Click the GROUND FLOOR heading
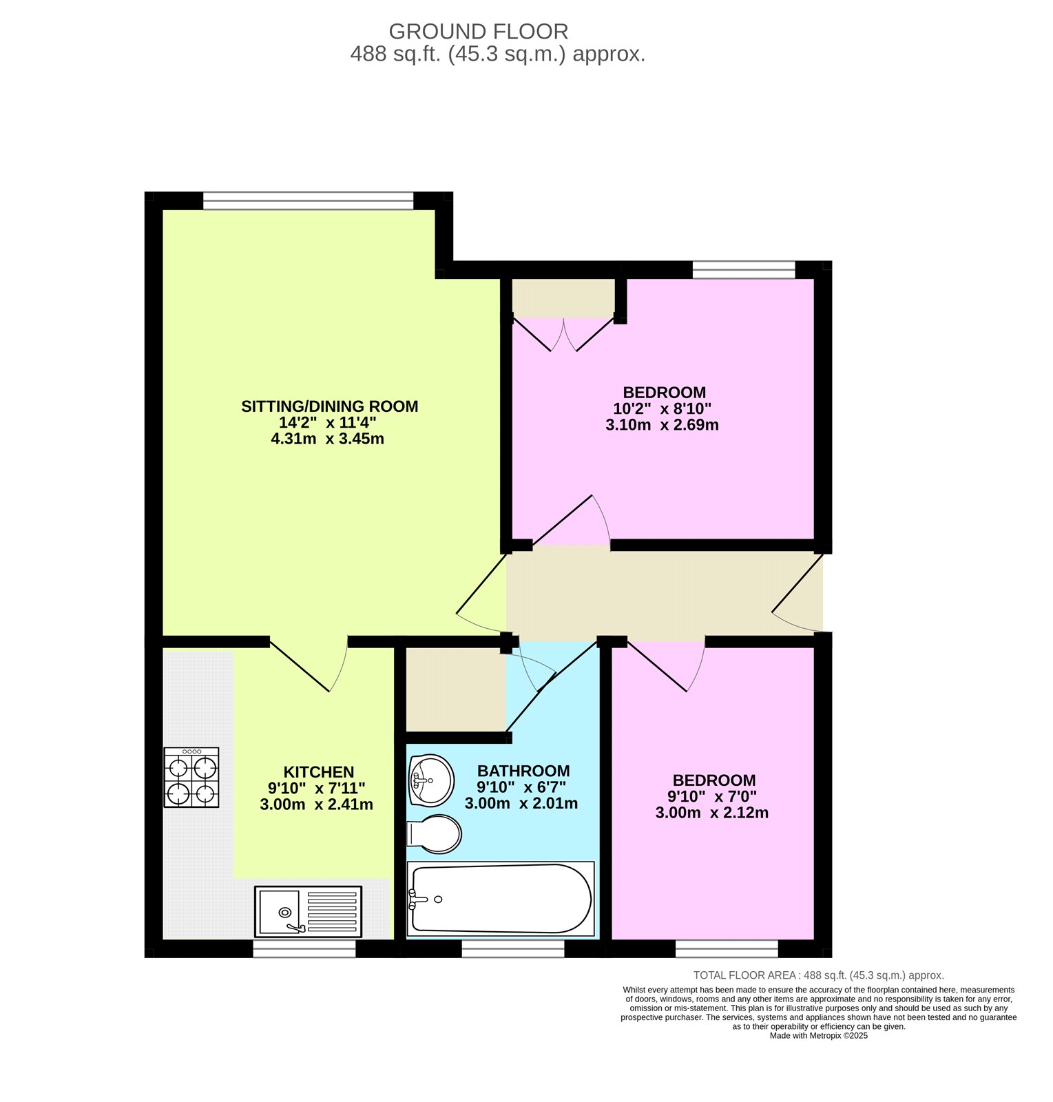pos(478,32)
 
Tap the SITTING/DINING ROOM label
pos(329,406)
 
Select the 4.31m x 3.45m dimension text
pos(328,439)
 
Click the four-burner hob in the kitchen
pos(191,777)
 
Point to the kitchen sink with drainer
pos(308,911)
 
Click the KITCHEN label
pos(318,772)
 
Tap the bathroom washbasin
pos(431,780)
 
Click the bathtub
pos(501,898)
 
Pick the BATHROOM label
pos(523,771)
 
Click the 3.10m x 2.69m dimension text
pos(662,425)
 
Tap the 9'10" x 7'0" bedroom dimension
pos(711,796)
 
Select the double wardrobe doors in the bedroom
pos(563,334)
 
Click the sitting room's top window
pos(308,200)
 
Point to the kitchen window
pos(304,949)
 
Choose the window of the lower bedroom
pos(727,949)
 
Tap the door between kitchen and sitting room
pos(308,665)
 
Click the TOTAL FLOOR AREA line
pos(818,975)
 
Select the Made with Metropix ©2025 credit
pos(818,1036)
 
